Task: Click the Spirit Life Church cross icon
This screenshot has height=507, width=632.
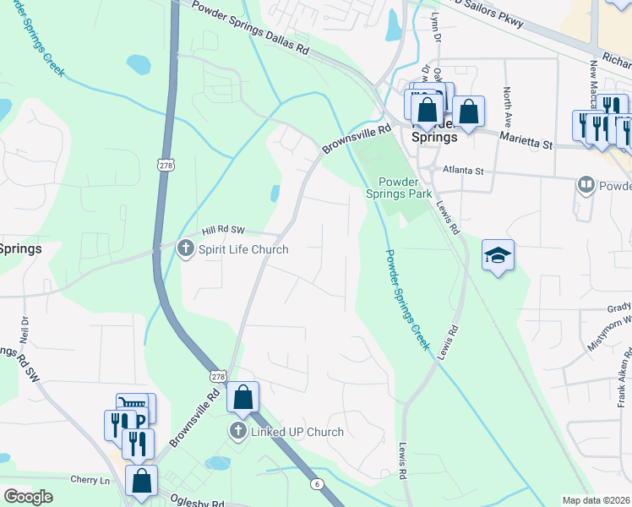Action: (x=186, y=248)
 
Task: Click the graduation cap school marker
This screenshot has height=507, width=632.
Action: (x=499, y=254)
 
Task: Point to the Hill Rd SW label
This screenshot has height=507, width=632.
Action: (x=223, y=230)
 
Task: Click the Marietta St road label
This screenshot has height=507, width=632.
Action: (x=525, y=140)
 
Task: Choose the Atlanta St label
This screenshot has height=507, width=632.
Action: (x=460, y=171)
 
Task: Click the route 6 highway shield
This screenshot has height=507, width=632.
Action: (x=316, y=482)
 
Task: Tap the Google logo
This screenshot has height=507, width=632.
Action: (x=28, y=497)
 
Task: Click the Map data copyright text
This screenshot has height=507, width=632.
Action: (x=597, y=500)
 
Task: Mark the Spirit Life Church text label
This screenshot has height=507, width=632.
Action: (x=243, y=249)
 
